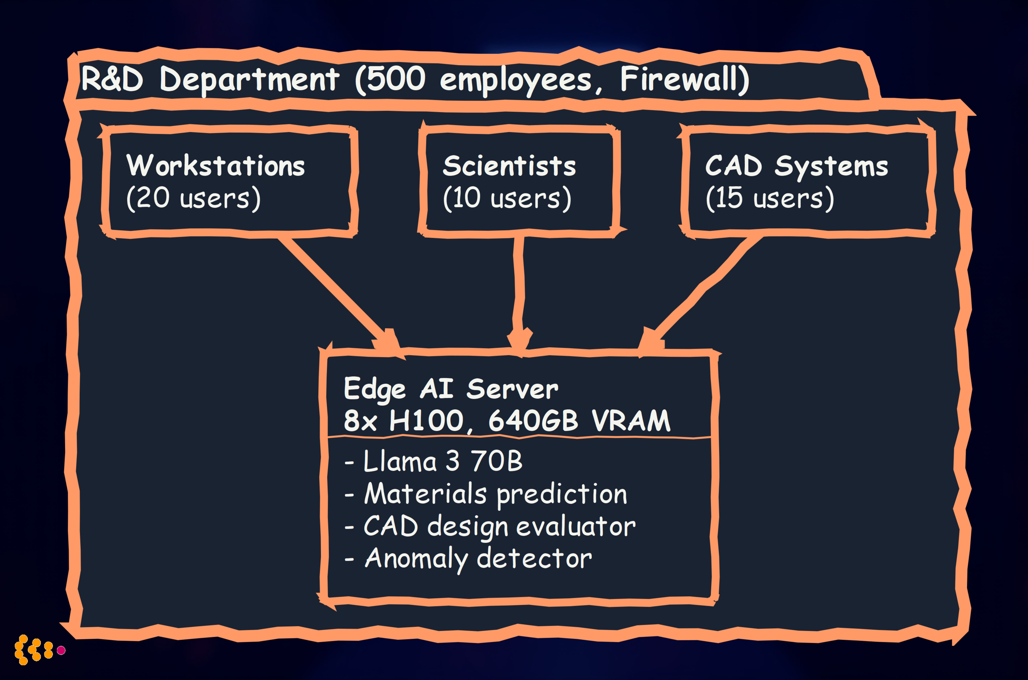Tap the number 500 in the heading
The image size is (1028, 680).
396,79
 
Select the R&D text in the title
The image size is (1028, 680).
112,79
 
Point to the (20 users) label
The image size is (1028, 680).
193,199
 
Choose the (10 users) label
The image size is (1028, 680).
507,199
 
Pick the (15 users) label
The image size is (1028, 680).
769,199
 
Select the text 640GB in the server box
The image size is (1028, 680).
533,421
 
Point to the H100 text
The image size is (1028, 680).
426,421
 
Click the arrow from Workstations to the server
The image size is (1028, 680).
334,291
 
